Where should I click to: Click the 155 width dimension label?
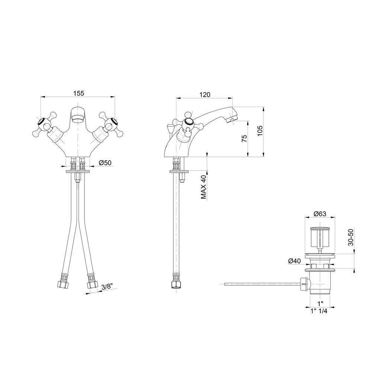79,93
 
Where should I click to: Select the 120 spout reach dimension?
205,94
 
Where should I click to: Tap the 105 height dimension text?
260,131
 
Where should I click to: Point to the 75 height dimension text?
244,138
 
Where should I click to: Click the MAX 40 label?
204,188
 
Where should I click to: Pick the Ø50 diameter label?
105,163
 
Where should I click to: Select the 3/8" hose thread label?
106,287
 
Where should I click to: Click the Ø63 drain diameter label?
320,214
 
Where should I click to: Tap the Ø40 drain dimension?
294,261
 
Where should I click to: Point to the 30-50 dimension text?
350,237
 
